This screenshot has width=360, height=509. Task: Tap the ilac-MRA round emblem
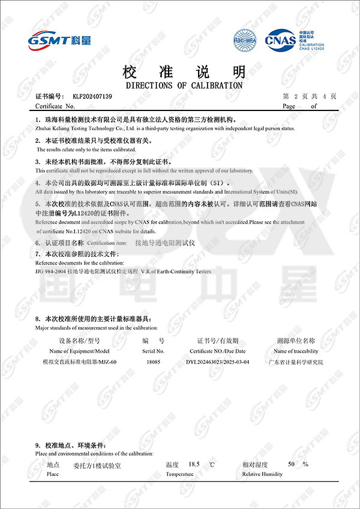pos(244,41)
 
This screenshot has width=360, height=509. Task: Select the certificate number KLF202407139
pos(92,96)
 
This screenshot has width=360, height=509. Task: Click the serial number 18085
pos(153,362)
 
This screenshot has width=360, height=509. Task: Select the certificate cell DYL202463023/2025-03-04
pos(217,362)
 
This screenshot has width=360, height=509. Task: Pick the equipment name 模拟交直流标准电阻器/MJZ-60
pos(79,362)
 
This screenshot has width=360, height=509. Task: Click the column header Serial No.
pos(153,351)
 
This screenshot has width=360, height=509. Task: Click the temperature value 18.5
pos(194,465)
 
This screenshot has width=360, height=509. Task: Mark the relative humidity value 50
pos(292,465)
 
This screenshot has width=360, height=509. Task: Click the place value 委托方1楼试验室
pos(97,465)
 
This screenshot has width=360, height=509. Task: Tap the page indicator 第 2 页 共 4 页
pos(310,96)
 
